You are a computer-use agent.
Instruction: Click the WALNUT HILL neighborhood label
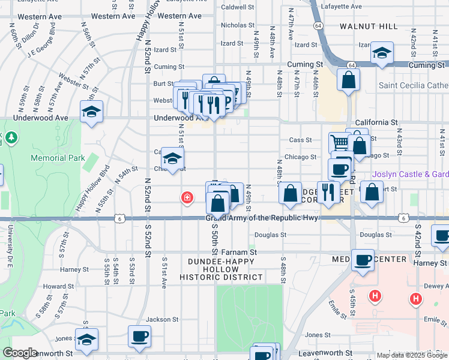(x=368, y=26)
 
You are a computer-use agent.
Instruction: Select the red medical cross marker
(x=187, y=197)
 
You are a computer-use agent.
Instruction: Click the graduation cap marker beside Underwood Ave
(x=91, y=112)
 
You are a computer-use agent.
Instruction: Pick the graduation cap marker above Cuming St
(x=382, y=53)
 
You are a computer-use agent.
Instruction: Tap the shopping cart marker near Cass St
(x=339, y=143)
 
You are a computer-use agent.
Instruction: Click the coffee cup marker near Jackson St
(x=140, y=336)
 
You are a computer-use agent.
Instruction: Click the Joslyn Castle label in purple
(x=410, y=175)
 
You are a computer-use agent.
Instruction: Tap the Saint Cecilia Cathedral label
(x=413, y=85)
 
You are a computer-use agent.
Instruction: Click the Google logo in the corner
(x=19, y=353)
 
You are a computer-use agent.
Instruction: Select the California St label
(x=376, y=122)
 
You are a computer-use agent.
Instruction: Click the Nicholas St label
(x=238, y=25)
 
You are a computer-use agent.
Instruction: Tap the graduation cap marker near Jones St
(x=86, y=340)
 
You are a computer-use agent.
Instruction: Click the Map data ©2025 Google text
(x=411, y=355)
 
